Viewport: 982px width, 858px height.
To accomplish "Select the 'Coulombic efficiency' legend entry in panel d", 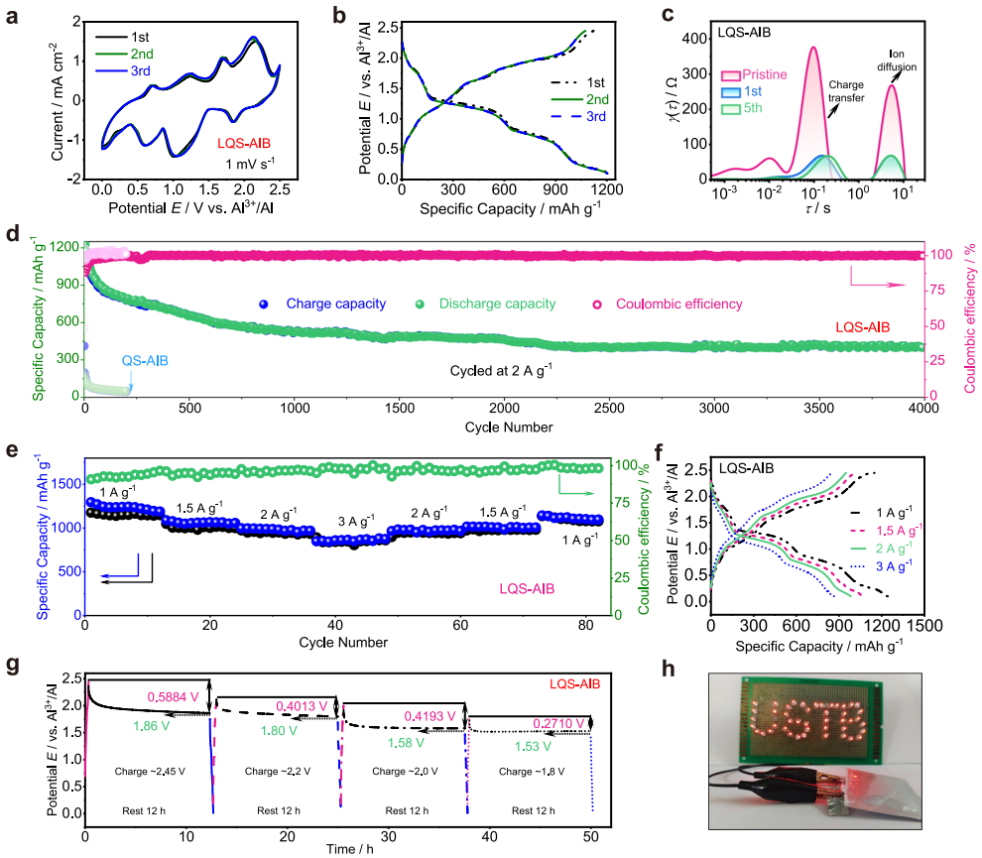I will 678,304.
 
